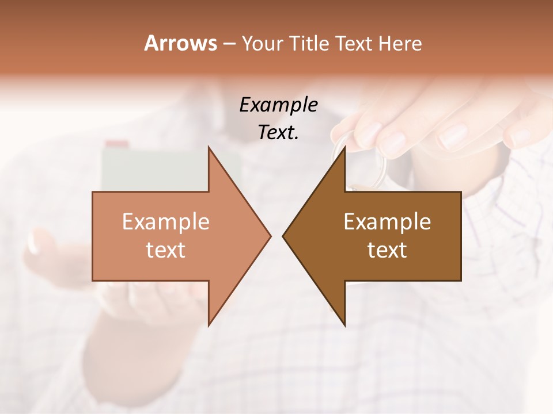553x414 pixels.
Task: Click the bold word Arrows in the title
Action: tap(180, 44)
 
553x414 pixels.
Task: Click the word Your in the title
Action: tap(261, 44)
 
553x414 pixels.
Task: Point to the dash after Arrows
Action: tap(229, 44)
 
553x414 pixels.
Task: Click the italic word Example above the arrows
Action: tap(278, 105)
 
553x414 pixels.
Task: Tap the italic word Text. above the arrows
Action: tap(278, 132)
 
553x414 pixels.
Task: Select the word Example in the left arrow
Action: tap(166, 222)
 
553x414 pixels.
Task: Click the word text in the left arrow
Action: tap(166, 250)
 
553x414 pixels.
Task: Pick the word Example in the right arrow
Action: tap(387, 222)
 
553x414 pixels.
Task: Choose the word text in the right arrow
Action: tap(387, 250)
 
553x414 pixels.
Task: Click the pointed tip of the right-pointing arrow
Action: tap(271, 236)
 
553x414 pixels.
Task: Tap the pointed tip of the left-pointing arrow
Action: tap(283, 236)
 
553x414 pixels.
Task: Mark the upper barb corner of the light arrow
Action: tap(209, 147)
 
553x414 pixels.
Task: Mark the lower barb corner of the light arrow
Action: tap(209, 325)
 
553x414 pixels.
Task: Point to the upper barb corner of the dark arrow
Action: tap(344, 147)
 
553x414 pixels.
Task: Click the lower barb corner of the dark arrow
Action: tap(344, 325)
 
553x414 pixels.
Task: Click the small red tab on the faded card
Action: tap(117, 143)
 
